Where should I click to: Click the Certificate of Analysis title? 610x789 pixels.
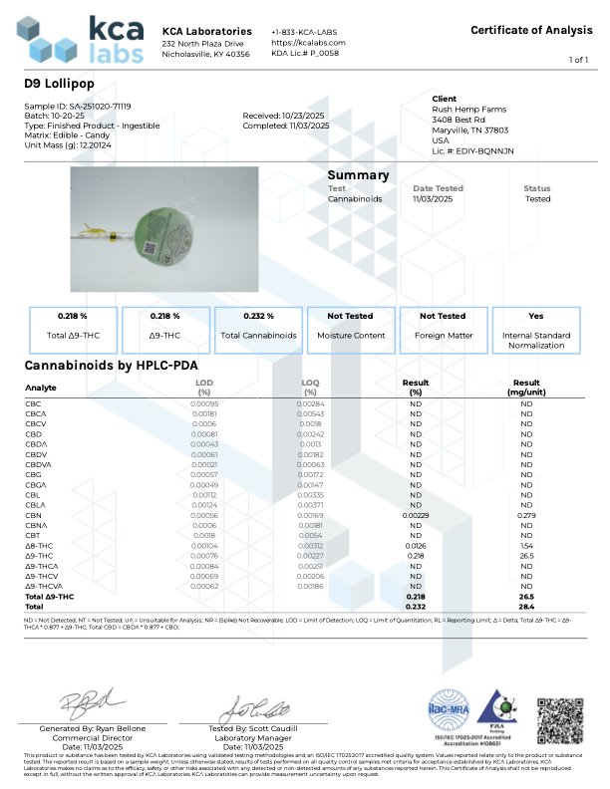pyautogui.click(x=531, y=30)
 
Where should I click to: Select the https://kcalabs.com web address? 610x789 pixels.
pyautogui.click(x=308, y=43)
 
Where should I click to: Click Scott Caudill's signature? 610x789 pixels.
pyautogui.click(x=255, y=710)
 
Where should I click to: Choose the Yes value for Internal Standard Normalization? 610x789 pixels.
pyautogui.click(x=535, y=316)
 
